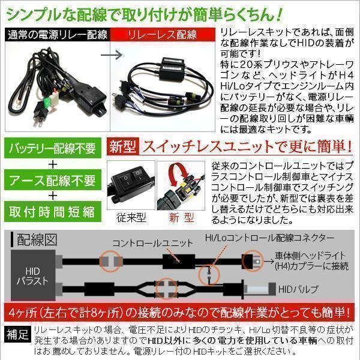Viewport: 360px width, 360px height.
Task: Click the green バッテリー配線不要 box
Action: [x=53, y=148]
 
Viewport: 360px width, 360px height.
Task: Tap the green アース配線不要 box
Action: [x=53, y=180]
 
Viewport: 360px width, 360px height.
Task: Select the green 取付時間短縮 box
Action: [x=53, y=212]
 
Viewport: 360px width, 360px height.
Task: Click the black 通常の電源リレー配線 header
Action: [x=58, y=35]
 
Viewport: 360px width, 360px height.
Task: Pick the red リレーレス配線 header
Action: [x=163, y=35]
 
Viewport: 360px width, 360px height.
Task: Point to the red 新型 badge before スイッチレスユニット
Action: [x=123, y=146]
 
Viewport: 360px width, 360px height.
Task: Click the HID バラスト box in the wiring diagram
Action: [x=33, y=275]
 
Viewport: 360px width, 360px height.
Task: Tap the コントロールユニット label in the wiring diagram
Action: [x=152, y=244]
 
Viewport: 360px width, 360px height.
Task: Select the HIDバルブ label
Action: [x=298, y=289]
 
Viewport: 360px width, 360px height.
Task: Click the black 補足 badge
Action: [x=17, y=334]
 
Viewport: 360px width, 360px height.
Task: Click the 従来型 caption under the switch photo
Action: [x=131, y=218]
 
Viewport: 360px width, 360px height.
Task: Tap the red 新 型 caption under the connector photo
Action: [x=181, y=218]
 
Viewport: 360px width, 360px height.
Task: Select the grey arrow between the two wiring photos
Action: [x=112, y=55]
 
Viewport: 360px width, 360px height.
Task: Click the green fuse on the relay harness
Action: [x=49, y=101]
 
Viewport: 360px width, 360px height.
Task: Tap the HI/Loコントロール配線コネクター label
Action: [x=269, y=238]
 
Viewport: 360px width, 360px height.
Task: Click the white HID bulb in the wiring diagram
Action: [x=256, y=289]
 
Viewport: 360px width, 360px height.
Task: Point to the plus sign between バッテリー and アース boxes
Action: [x=53, y=164]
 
